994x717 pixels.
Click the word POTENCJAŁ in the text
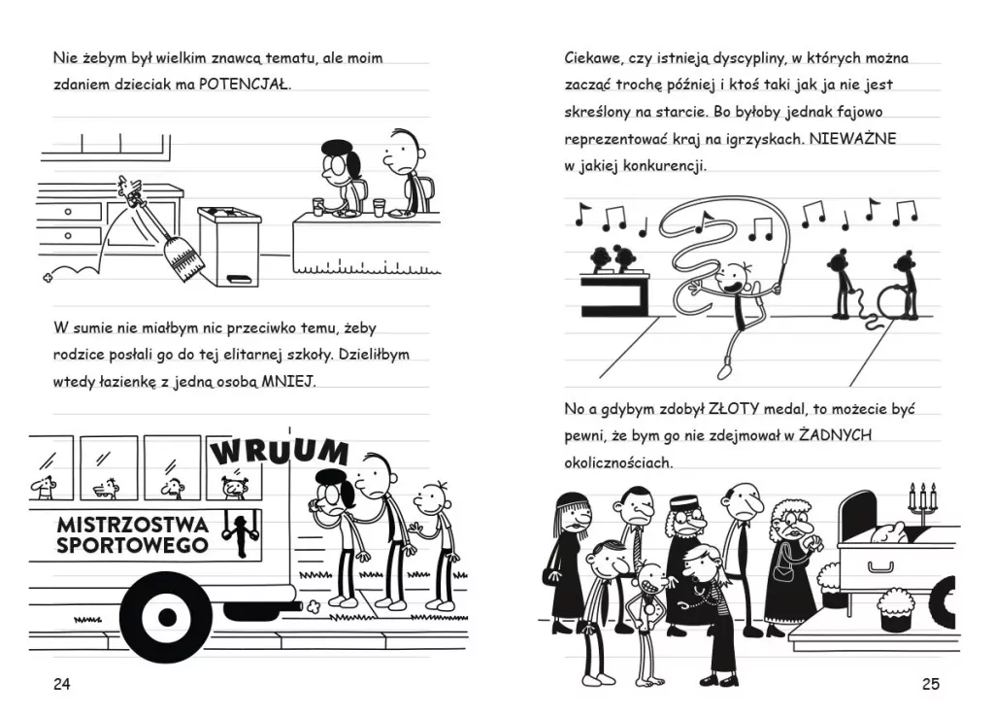[244, 85]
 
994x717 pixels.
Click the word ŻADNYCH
[835, 435]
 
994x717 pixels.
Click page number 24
[61, 684]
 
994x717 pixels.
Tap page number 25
[930, 684]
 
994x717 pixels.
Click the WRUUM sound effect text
[279, 451]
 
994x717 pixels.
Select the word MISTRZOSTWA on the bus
[132, 525]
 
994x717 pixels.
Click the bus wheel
[167, 617]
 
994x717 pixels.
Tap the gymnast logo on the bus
[240, 535]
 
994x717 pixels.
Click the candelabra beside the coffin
[922, 499]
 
